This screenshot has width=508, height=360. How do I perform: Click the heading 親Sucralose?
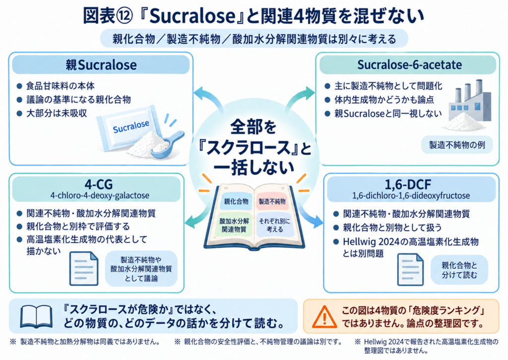coord(101,65)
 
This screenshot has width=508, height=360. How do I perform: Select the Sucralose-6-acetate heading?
coord(409,65)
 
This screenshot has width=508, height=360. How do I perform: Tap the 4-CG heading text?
coord(99,184)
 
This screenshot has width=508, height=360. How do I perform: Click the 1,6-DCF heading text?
coord(408,185)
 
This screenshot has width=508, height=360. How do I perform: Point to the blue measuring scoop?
coord(167,144)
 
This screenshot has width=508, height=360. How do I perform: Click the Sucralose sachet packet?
coord(129,128)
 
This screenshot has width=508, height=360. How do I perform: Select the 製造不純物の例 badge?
coord(457,144)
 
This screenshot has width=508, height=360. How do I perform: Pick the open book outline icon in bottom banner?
coord(36,316)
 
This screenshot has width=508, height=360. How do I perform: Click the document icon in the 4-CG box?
coord(83,269)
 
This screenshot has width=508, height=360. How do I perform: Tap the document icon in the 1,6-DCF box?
coord(410,270)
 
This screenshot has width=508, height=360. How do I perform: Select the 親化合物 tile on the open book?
coord(236,202)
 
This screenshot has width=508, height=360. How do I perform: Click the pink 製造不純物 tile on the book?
coord(272,202)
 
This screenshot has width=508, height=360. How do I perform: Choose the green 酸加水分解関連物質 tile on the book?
coord(234,225)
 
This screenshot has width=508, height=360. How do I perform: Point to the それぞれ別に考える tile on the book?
coord(275,225)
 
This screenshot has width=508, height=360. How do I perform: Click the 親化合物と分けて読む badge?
coord(459,270)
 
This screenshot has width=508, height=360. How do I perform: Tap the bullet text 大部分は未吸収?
coord(57,113)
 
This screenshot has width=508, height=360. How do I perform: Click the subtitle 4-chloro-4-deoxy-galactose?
coord(100,196)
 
